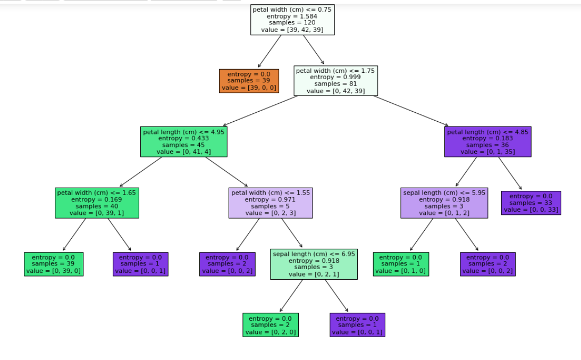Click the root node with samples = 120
pyautogui.click(x=292, y=20)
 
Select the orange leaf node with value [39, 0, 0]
pyautogui.click(x=249, y=81)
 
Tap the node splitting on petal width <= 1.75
pyautogui.click(x=336, y=80)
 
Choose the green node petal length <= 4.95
pyautogui.click(x=184, y=141)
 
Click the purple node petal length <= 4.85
pyautogui.click(x=487, y=141)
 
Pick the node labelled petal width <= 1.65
pyautogui.click(x=97, y=203)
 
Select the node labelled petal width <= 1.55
pyautogui.click(x=271, y=203)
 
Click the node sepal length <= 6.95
pyautogui.click(x=314, y=264)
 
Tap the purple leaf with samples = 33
pyautogui.click(x=531, y=203)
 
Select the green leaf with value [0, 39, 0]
pyautogui.click(x=53, y=264)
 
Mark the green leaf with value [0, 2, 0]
pyautogui.click(x=271, y=325)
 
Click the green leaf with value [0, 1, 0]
pyautogui.click(x=401, y=264)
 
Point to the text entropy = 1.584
pyautogui.click(x=292, y=16)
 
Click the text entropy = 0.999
pyautogui.click(x=336, y=77)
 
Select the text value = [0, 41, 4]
pyautogui.click(x=184, y=152)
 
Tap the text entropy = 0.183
pyautogui.click(x=487, y=138)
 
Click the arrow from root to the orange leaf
pyautogui.click(x=270, y=51)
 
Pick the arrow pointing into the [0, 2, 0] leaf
pyautogui.click(x=291, y=296)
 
